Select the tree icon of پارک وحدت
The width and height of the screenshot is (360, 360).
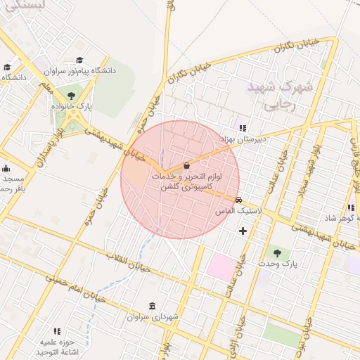click(276, 253)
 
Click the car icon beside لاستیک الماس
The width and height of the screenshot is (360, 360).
click(239, 200)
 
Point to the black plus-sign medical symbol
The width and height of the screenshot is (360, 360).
click(243, 231)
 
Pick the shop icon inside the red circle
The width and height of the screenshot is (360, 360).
click(186, 166)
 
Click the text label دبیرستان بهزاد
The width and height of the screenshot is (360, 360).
click(242, 139)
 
